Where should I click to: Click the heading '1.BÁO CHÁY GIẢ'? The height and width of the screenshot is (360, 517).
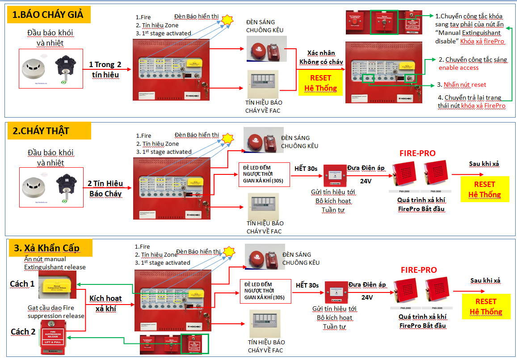pos(48,15)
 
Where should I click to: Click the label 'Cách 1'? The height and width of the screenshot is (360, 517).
pos(22,284)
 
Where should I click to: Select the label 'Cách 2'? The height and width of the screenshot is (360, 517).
pos(23,331)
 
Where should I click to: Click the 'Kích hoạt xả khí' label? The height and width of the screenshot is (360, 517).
pos(105,303)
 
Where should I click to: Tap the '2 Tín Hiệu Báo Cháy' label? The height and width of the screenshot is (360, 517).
pos(105,188)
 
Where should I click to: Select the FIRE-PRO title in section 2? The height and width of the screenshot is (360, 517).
pos(417,153)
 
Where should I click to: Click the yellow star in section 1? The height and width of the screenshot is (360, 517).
pos(228,20)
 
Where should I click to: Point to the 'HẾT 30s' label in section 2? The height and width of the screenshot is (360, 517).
pos(306,169)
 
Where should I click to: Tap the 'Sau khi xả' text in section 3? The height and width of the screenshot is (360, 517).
pos(485,280)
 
